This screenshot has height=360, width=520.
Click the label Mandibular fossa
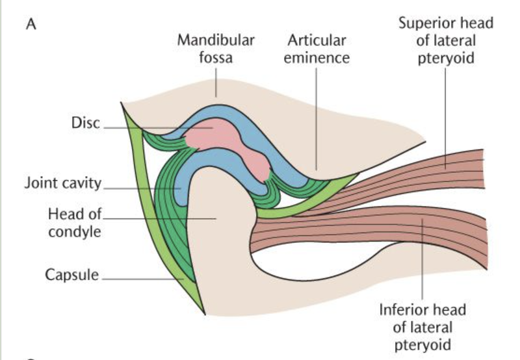216,49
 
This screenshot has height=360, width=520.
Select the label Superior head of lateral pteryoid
445,41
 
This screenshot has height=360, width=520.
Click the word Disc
85,123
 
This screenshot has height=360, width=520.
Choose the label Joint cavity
63,183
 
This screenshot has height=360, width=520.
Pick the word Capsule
71,275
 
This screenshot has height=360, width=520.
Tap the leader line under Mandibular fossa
216,83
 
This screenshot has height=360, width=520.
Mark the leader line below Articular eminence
317,117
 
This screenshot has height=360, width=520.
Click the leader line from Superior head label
445,117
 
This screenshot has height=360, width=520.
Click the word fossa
216,57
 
